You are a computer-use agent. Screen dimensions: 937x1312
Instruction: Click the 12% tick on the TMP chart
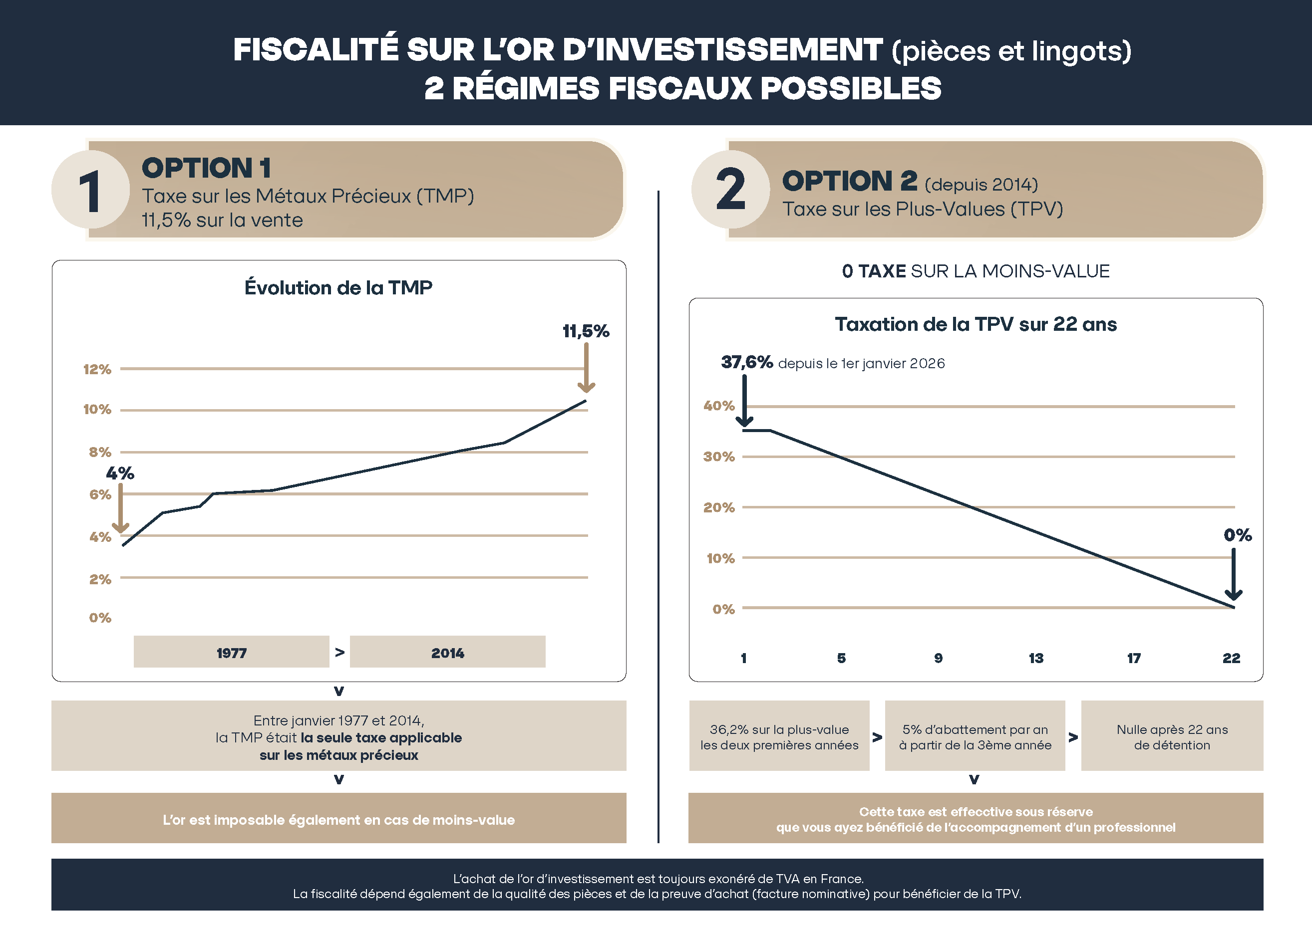pos(97,369)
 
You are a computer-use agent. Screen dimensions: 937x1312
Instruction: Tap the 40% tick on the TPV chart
pos(718,406)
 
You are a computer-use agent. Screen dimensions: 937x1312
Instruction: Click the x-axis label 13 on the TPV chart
pos(1036,658)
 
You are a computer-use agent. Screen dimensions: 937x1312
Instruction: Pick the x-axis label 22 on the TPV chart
pos(1231,658)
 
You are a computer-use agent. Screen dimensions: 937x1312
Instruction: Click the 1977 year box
pos(232,653)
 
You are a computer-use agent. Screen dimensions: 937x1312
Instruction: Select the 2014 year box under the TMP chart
pos(447,653)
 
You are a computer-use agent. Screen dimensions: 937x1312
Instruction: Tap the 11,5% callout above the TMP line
pos(586,331)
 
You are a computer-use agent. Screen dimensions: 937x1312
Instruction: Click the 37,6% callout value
pos(747,362)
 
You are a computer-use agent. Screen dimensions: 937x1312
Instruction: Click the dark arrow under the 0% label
pos(1234,575)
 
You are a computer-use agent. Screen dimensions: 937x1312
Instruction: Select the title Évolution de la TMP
pos(338,287)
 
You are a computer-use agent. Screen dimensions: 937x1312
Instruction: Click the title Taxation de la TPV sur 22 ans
pos(976,324)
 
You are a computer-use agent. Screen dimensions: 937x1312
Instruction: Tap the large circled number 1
pos(91,191)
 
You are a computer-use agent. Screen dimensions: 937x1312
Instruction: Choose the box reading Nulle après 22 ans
pos(1172,736)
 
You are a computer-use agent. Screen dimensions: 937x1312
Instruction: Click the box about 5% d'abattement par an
pos(975,736)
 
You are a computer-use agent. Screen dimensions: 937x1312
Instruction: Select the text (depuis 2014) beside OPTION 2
pos(982,185)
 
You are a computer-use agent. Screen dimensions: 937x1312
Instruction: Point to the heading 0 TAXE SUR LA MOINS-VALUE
pos(976,271)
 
